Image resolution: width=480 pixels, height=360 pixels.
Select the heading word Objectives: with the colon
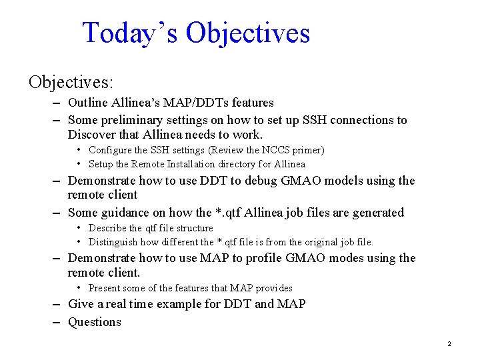[71, 82]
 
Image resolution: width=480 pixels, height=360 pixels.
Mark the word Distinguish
[113, 242]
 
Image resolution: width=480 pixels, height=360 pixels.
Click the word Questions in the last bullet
[95, 322]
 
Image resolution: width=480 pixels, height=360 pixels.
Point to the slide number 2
[449, 344]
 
